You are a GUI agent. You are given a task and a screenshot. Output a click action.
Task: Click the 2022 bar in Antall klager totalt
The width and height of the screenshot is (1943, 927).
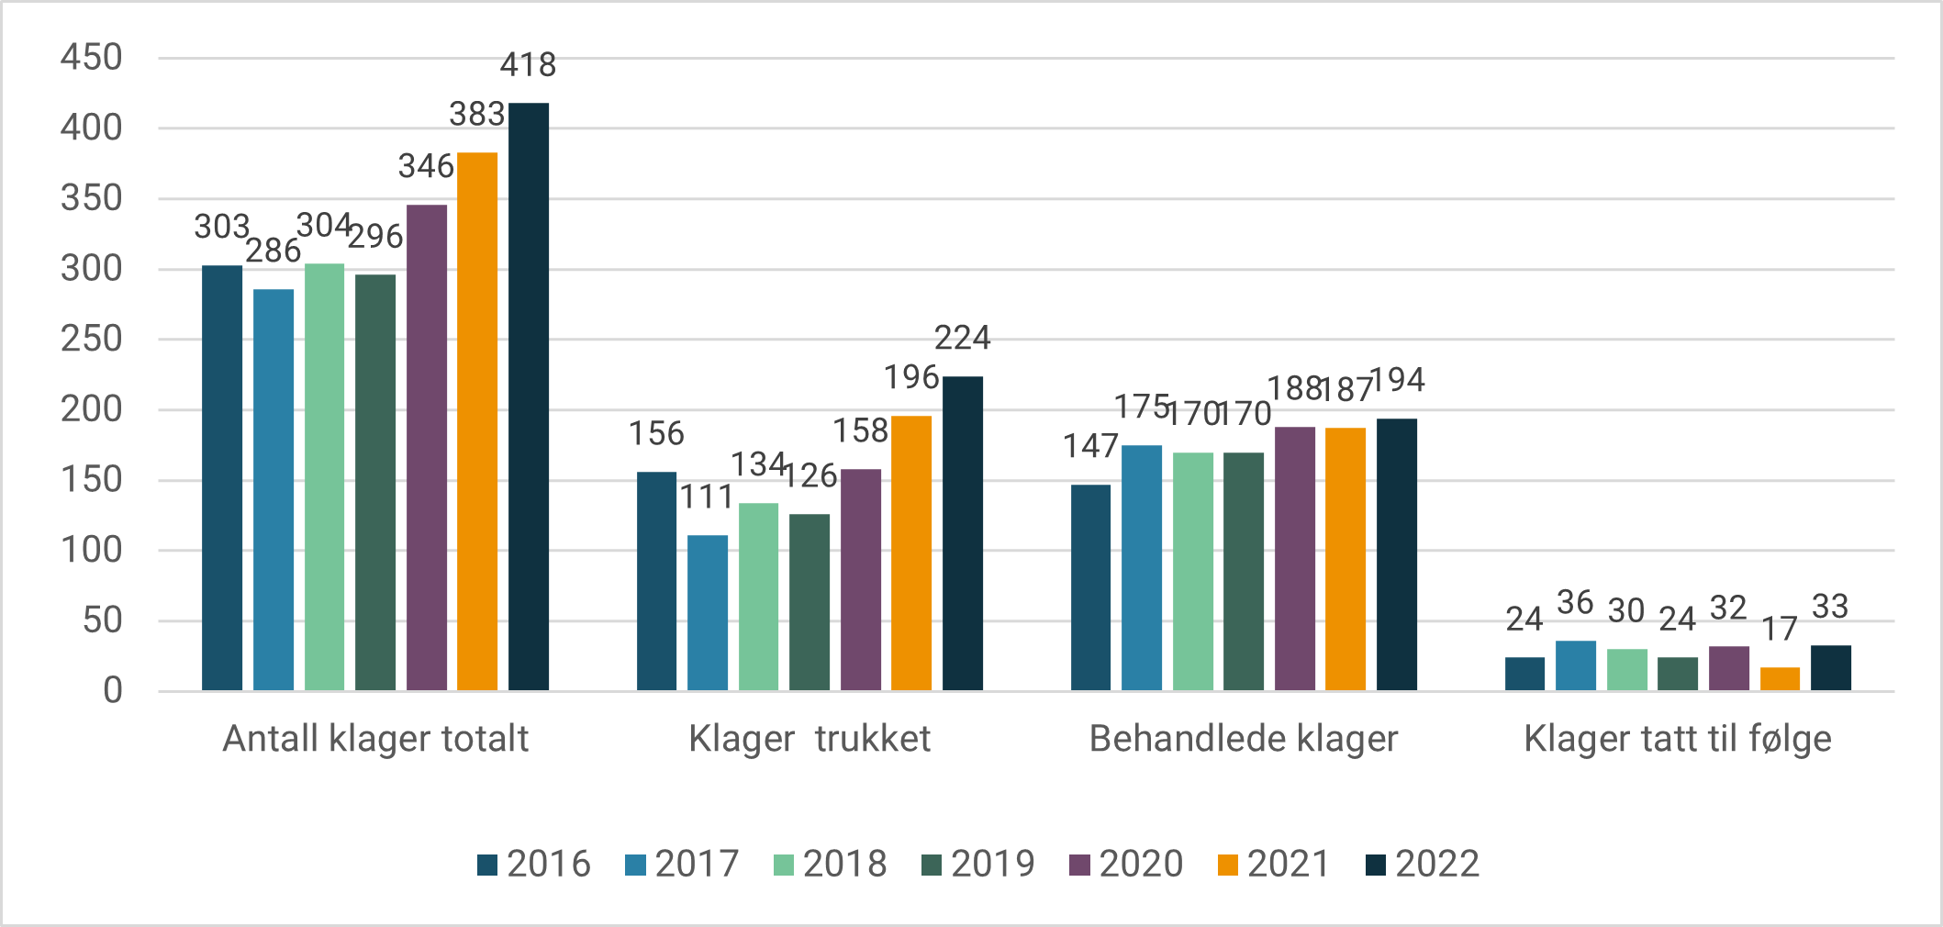click(529, 396)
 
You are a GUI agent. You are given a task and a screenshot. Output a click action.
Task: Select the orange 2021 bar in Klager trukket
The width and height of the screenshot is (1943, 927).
click(911, 553)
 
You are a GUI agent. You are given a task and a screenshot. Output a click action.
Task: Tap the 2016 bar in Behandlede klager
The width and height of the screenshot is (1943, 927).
click(1090, 587)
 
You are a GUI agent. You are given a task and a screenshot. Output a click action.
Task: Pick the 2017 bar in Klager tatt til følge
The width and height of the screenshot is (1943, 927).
click(1576, 665)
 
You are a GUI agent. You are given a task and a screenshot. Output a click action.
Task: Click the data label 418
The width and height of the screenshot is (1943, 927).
click(528, 65)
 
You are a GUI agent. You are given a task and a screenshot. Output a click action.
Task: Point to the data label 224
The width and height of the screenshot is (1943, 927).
click(962, 339)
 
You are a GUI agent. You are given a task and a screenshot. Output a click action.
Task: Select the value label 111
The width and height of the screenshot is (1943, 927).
click(707, 497)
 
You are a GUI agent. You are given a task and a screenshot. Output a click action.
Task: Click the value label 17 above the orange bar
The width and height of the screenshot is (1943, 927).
click(1779, 630)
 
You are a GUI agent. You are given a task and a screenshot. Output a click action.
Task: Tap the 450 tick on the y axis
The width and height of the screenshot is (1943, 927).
click(92, 58)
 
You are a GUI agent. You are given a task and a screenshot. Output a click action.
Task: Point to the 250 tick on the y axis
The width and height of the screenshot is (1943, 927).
click(92, 340)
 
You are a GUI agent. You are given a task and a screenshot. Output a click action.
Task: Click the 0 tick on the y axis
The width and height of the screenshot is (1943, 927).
click(112, 691)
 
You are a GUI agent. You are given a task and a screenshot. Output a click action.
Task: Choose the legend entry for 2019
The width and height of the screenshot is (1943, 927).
click(978, 865)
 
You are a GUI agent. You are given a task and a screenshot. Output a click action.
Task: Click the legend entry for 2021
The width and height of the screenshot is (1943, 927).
click(1274, 865)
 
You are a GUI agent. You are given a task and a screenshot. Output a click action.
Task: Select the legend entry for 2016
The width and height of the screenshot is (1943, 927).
click(534, 865)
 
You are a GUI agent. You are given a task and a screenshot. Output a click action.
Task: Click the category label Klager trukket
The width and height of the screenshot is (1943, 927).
click(810, 739)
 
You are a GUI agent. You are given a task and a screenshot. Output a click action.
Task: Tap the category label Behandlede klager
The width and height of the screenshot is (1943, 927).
click(1244, 739)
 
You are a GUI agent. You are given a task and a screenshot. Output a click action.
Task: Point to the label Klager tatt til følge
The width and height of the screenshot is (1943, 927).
click(1678, 739)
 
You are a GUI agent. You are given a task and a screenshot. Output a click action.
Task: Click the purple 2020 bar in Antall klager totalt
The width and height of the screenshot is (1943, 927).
click(427, 448)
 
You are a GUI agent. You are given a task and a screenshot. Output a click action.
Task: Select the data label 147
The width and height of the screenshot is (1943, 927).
click(1090, 447)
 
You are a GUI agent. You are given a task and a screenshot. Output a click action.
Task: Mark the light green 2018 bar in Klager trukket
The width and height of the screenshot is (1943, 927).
click(758, 597)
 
